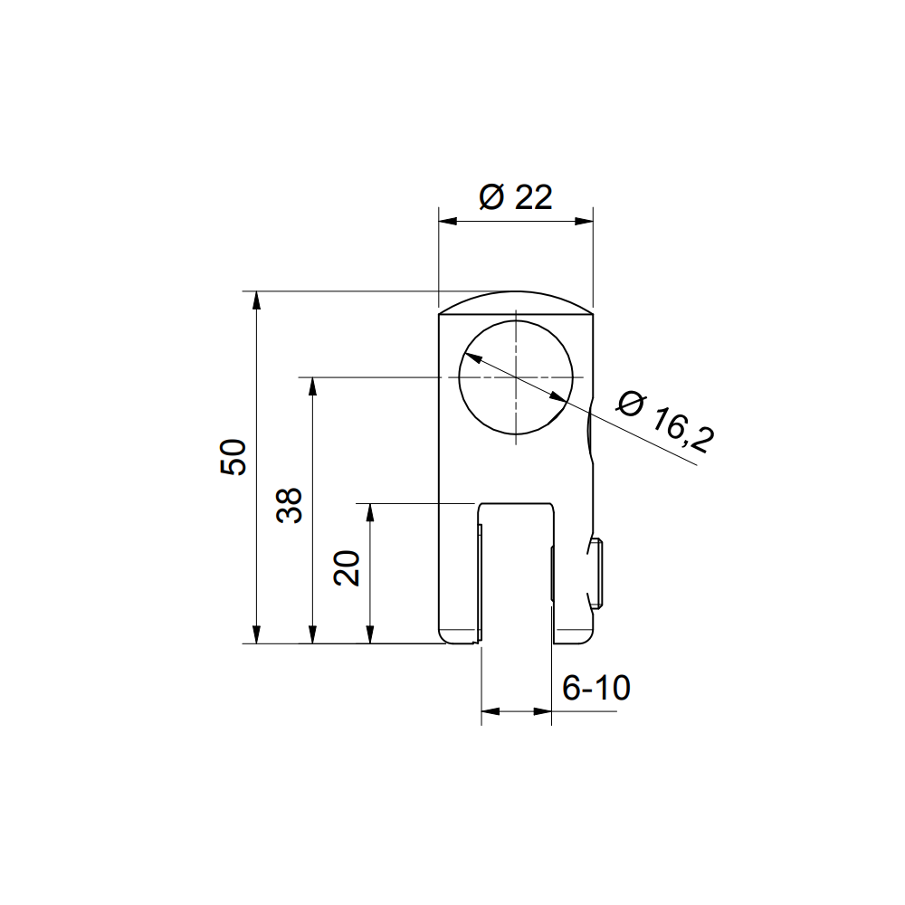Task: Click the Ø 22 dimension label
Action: [x=516, y=197]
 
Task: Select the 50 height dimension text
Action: [x=233, y=457]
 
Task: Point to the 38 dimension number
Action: [x=290, y=505]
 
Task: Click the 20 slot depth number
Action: [x=347, y=568]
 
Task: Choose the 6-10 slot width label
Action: [x=596, y=688]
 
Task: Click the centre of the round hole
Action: [x=516, y=376]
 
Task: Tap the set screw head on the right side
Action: [x=596, y=574]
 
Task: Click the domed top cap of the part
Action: [x=516, y=301]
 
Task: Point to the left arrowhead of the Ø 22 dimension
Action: [x=447, y=221]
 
